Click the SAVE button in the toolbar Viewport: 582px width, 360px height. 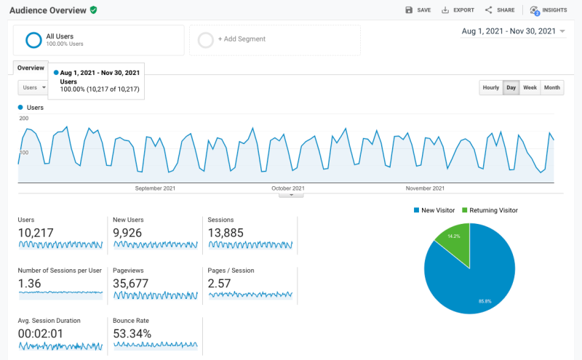418,10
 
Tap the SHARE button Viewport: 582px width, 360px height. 500,10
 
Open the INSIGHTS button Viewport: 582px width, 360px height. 549,10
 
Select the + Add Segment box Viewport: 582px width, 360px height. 275,39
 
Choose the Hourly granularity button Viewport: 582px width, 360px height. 491,88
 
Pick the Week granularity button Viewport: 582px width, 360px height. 530,88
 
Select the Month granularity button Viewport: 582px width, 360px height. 552,88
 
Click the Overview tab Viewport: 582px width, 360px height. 31,68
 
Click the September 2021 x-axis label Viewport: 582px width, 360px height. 155,188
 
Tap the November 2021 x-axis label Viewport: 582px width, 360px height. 425,188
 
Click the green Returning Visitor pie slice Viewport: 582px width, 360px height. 455,241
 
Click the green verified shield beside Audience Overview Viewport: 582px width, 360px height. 93,10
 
